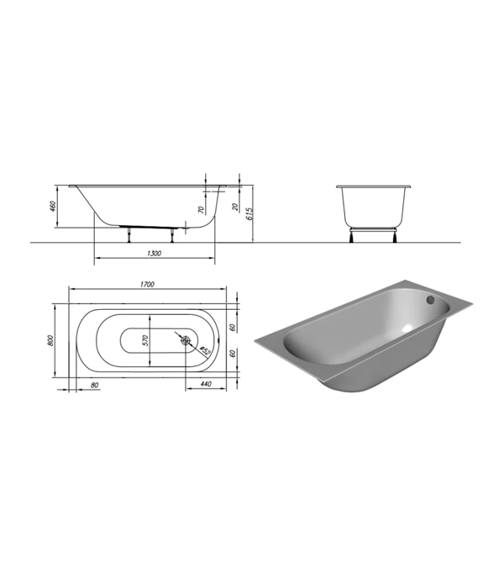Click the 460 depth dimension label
[x=53, y=206]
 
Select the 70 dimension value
[x=202, y=209]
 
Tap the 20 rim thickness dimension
[x=235, y=207]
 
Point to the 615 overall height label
[x=249, y=213]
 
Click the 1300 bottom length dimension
[x=154, y=253]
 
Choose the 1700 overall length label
[x=147, y=284]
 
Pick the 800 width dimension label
[x=50, y=340]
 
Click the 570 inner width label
[x=145, y=340]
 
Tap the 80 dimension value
[x=94, y=386]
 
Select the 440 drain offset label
[x=206, y=384]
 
